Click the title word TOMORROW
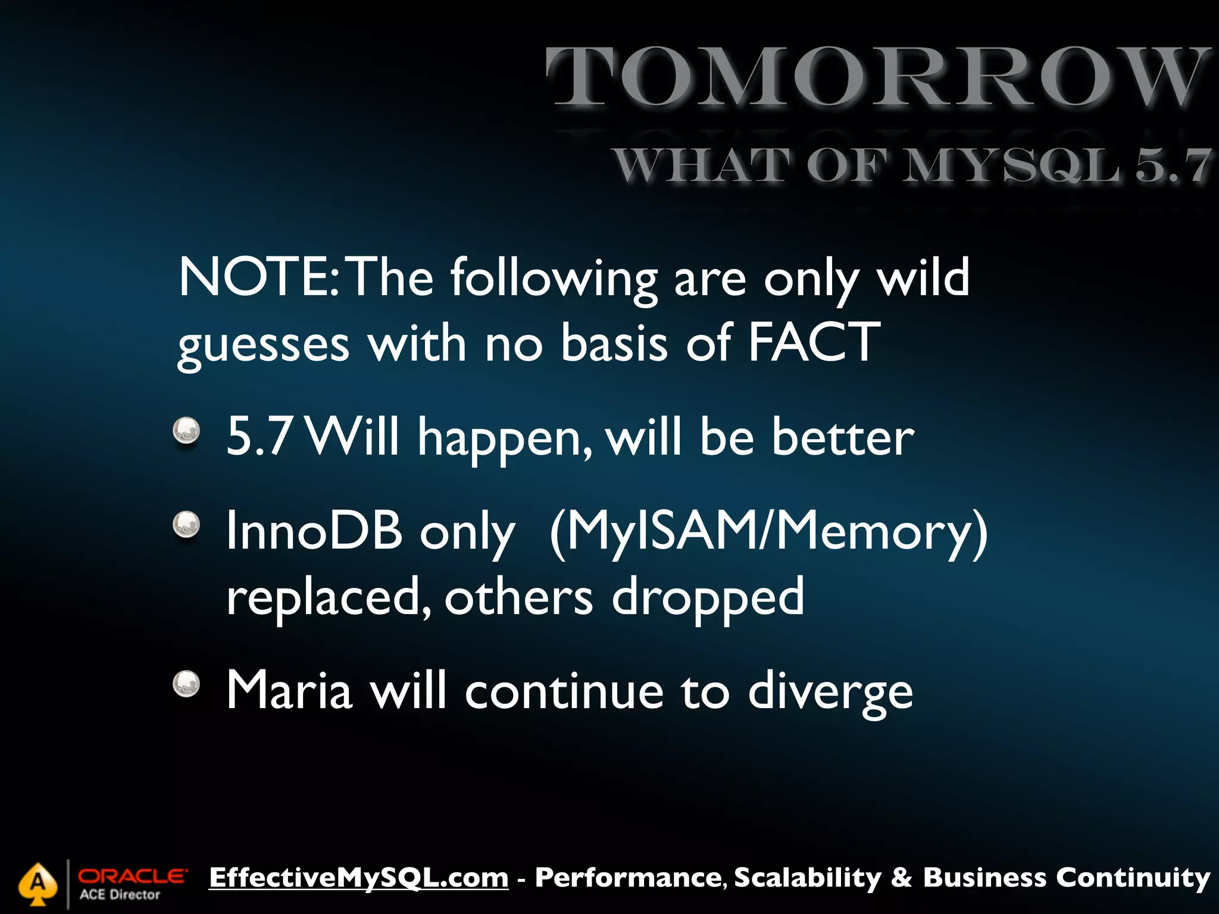[x=877, y=77]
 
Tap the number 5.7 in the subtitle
[x=1172, y=165]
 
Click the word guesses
[x=264, y=345]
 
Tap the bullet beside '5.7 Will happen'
[x=186, y=430]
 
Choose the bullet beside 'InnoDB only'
[x=186, y=525]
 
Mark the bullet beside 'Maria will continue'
[x=186, y=684]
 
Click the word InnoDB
[x=314, y=531]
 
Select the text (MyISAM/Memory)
[x=768, y=531]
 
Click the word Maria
[x=289, y=690]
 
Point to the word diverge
[x=830, y=691]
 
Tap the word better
[x=843, y=437]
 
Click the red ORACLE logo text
[x=133, y=876]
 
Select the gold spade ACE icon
[x=38, y=883]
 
